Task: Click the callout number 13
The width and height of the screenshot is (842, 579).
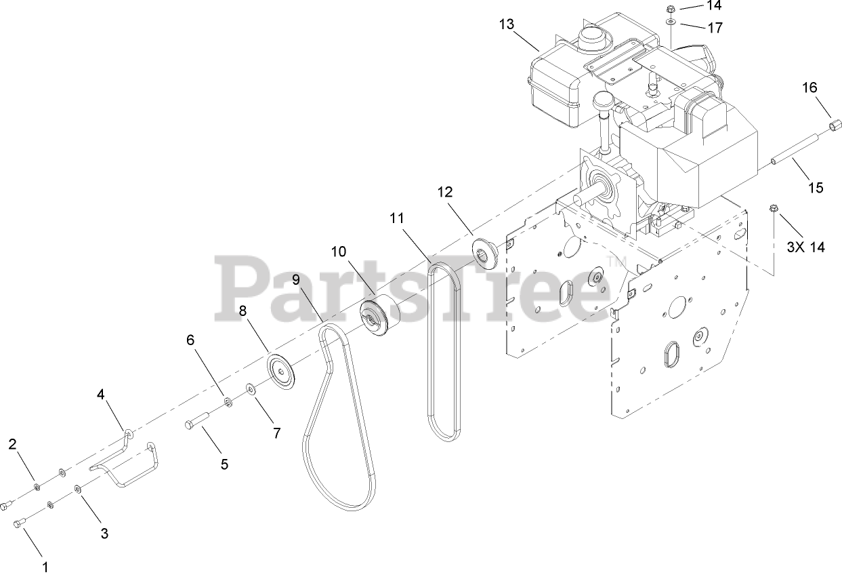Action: click(507, 24)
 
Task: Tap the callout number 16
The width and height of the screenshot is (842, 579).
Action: click(810, 87)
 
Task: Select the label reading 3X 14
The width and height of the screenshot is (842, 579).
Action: click(805, 247)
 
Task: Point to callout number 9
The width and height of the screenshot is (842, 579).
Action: click(296, 279)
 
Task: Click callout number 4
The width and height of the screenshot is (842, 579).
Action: click(101, 394)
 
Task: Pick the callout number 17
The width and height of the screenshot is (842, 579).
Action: click(715, 28)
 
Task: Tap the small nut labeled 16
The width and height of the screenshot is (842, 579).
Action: click(835, 126)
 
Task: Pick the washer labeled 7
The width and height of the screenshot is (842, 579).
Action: click(251, 389)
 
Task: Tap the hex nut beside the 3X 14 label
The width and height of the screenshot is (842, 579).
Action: click(774, 207)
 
